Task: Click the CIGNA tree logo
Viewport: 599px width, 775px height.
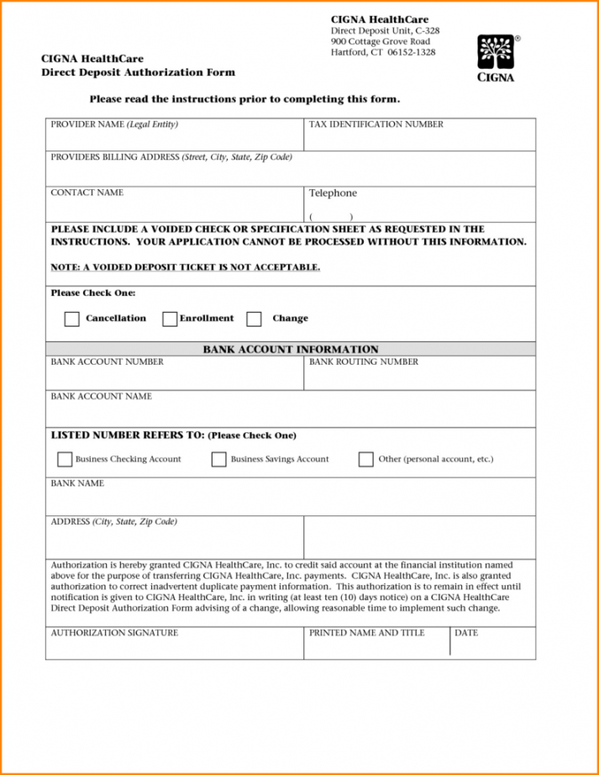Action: click(x=496, y=53)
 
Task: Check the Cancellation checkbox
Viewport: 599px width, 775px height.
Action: click(x=72, y=319)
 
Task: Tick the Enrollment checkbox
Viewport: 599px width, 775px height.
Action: click(x=170, y=319)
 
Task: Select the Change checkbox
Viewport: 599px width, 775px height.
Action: click(x=254, y=319)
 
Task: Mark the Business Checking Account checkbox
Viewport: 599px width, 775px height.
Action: click(x=65, y=460)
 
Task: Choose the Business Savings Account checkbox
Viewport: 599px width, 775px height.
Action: click(x=218, y=460)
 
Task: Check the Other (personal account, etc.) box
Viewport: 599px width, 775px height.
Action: click(x=365, y=460)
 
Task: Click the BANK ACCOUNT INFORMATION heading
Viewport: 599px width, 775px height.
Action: click(x=291, y=350)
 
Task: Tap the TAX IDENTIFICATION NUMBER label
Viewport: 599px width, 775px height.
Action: click(x=376, y=124)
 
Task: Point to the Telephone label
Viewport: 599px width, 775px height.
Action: click(x=333, y=193)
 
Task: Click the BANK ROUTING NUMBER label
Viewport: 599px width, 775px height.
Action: click(x=363, y=362)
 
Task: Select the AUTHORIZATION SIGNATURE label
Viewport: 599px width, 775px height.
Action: click(x=114, y=633)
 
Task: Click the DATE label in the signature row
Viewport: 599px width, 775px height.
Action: click(x=466, y=633)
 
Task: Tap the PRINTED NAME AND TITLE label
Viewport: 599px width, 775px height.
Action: click(x=366, y=633)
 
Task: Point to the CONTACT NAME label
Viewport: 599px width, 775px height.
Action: click(x=87, y=193)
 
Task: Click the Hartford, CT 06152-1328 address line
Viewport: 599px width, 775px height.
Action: click(x=382, y=52)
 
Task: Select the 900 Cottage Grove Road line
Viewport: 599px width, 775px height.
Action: click(x=380, y=41)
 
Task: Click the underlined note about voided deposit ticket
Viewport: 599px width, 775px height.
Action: click(x=186, y=267)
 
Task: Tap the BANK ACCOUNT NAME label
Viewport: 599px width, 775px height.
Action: click(x=101, y=397)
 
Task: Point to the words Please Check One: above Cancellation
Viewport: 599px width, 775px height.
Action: click(x=92, y=293)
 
